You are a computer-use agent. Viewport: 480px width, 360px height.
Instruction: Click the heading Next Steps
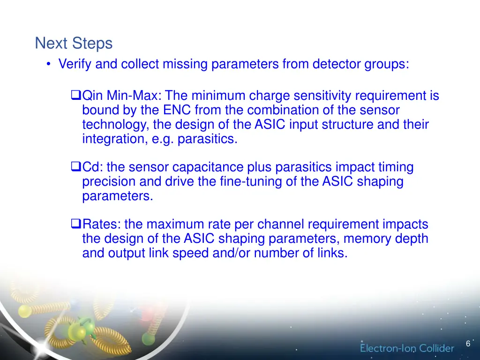point(74,44)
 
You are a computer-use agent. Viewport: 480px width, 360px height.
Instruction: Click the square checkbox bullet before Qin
point(76,96)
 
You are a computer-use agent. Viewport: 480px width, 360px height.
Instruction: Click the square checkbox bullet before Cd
point(76,167)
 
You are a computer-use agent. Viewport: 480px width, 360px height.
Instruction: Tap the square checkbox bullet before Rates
point(76,224)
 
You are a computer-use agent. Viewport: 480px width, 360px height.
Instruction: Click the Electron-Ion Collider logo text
point(407,348)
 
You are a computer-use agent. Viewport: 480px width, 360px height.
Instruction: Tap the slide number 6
point(468,344)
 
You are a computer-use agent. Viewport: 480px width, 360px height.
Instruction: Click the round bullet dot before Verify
point(49,64)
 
